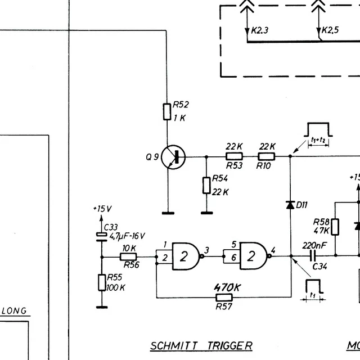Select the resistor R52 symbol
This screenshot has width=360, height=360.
tap(167, 111)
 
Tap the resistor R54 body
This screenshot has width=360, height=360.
tap(206, 184)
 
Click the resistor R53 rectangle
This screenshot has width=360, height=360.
tap(234, 157)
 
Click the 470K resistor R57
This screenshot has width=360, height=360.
tap(224, 297)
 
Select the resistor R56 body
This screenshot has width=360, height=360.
tap(129, 256)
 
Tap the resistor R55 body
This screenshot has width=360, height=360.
tap(102, 282)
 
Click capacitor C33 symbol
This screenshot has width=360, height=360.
tap(102, 236)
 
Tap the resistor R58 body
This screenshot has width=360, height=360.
tap(335, 227)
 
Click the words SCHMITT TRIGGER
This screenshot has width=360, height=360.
tap(201, 345)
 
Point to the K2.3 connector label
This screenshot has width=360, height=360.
tap(260, 30)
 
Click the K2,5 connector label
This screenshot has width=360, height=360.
tap(331, 30)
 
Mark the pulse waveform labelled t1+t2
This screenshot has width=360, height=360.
tap(319, 132)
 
